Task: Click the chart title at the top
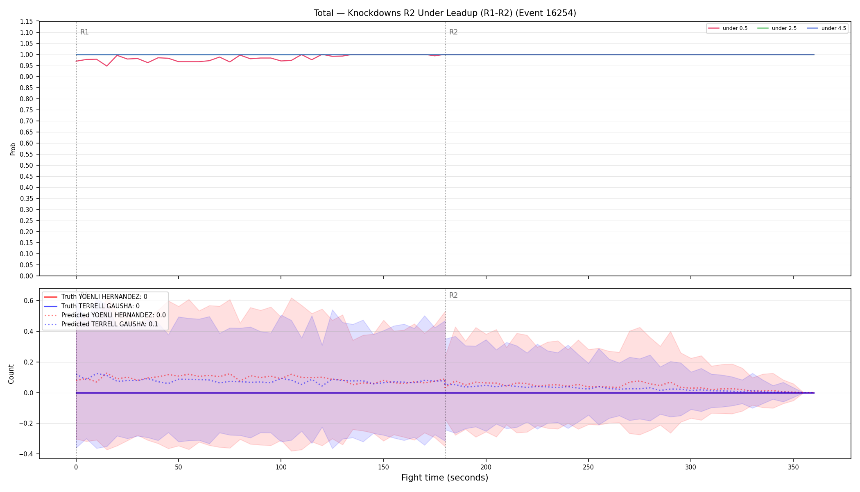(x=445, y=13)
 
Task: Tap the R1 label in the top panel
(x=84, y=32)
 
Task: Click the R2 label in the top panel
(x=453, y=32)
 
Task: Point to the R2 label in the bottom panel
(x=453, y=295)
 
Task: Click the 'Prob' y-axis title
(x=13, y=149)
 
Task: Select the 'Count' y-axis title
(x=11, y=374)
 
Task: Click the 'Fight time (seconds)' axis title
(x=445, y=478)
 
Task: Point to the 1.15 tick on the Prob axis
(x=27, y=21)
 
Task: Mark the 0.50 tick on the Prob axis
(x=27, y=165)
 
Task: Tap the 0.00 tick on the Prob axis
(x=27, y=276)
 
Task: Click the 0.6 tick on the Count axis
(x=28, y=301)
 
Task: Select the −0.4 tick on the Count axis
(x=26, y=454)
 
